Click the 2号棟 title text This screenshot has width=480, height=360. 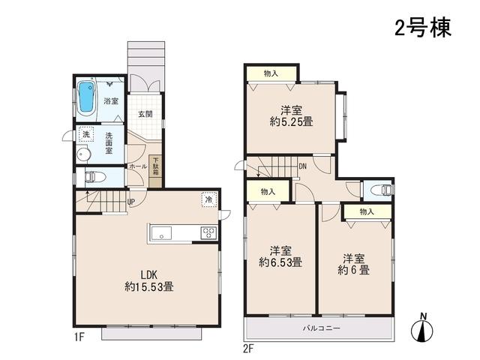(x=422, y=28)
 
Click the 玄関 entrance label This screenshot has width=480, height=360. (x=145, y=114)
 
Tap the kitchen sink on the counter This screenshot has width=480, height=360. (x=162, y=233)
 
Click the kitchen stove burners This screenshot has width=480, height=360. (x=207, y=232)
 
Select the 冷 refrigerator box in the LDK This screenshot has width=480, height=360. (x=208, y=199)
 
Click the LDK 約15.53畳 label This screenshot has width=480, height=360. (x=148, y=280)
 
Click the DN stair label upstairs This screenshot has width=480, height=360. (x=302, y=166)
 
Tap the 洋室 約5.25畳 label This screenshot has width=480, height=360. (x=291, y=114)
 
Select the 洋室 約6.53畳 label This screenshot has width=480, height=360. (x=280, y=256)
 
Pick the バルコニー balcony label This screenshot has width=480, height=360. (x=322, y=328)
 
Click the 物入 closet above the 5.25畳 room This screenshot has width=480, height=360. (x=271, y=73)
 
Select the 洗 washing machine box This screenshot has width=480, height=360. (x=86, y=136)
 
